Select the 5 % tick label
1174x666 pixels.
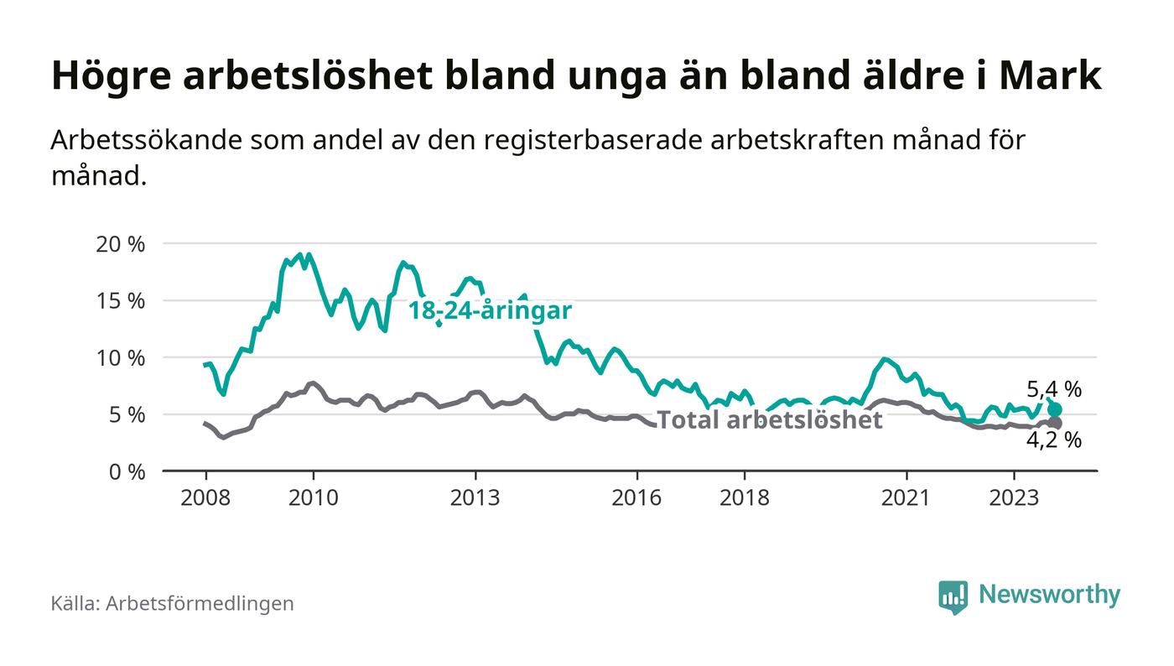coord(126,414)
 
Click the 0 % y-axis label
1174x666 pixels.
coord(126,471)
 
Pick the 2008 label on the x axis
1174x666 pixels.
coord(205,498)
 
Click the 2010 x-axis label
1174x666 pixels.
coord(314,498)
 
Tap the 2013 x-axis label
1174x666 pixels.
coord(475,498)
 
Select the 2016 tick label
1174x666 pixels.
coord(637,498)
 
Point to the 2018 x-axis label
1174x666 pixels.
coord(745,498)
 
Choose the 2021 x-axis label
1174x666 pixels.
coord(906,498)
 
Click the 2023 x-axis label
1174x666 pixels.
coord(1015,498)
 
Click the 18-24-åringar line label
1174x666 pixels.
coord(490,311)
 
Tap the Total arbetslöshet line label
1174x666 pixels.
coord(769,419)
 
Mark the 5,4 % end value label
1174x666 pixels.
coord(1054,389)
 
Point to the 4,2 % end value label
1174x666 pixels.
coord(1054,440)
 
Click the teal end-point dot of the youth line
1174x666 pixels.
coord(1055,409)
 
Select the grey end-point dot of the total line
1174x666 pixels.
coord(1055,423)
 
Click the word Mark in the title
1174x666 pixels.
coord(1058,75)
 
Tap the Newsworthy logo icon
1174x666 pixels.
coord(953,596)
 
